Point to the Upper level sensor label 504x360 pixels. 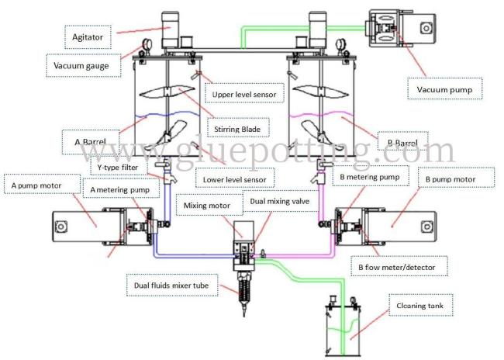click(x=245, y=95)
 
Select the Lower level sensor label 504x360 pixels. click(x=235, y=180)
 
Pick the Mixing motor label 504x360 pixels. click(x=206, y=206)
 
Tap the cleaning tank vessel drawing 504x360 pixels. click(x=343, y=330)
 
